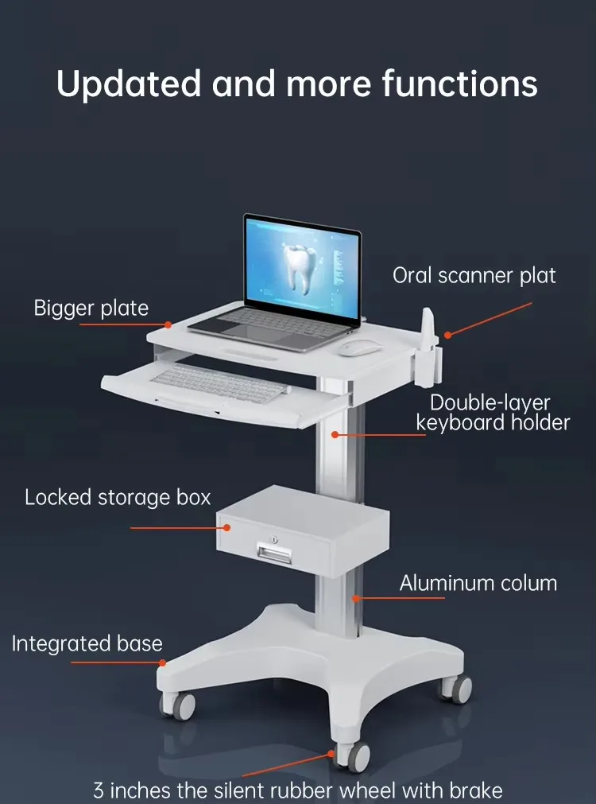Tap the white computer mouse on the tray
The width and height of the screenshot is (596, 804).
coord(360,348)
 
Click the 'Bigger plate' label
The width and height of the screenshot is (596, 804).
coord(91,309)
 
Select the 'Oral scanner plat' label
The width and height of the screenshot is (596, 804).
coord(474,276)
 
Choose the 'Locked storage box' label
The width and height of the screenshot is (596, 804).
coord(118,498)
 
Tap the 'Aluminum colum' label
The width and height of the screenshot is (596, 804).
coord(478,583)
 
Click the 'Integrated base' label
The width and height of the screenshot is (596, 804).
coord(87,643)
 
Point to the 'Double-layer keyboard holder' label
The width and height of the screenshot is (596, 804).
coord(493,412)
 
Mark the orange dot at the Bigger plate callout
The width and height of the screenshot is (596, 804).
coord(168,324)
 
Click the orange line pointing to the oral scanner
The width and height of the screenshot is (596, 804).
coord(490,318)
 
